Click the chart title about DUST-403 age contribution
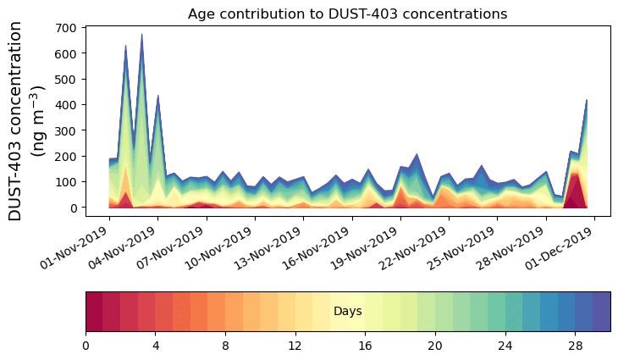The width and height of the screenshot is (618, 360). click(x=347, y=14)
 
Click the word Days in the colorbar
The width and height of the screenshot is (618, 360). click(x=348, y=312)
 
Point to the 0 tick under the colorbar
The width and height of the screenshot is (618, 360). click(x=86, y=346)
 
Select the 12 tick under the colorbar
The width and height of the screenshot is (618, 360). click(x=295, y=346)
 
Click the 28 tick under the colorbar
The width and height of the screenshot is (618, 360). click(x=575, y=346)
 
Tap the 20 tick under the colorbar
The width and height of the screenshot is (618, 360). click(x=435, y=346)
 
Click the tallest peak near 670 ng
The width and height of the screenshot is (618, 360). click(x=141, y=36)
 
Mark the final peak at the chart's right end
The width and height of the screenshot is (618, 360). click(x=587, y=101)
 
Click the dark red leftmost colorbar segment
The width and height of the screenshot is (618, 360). click(x=94, y=312)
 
